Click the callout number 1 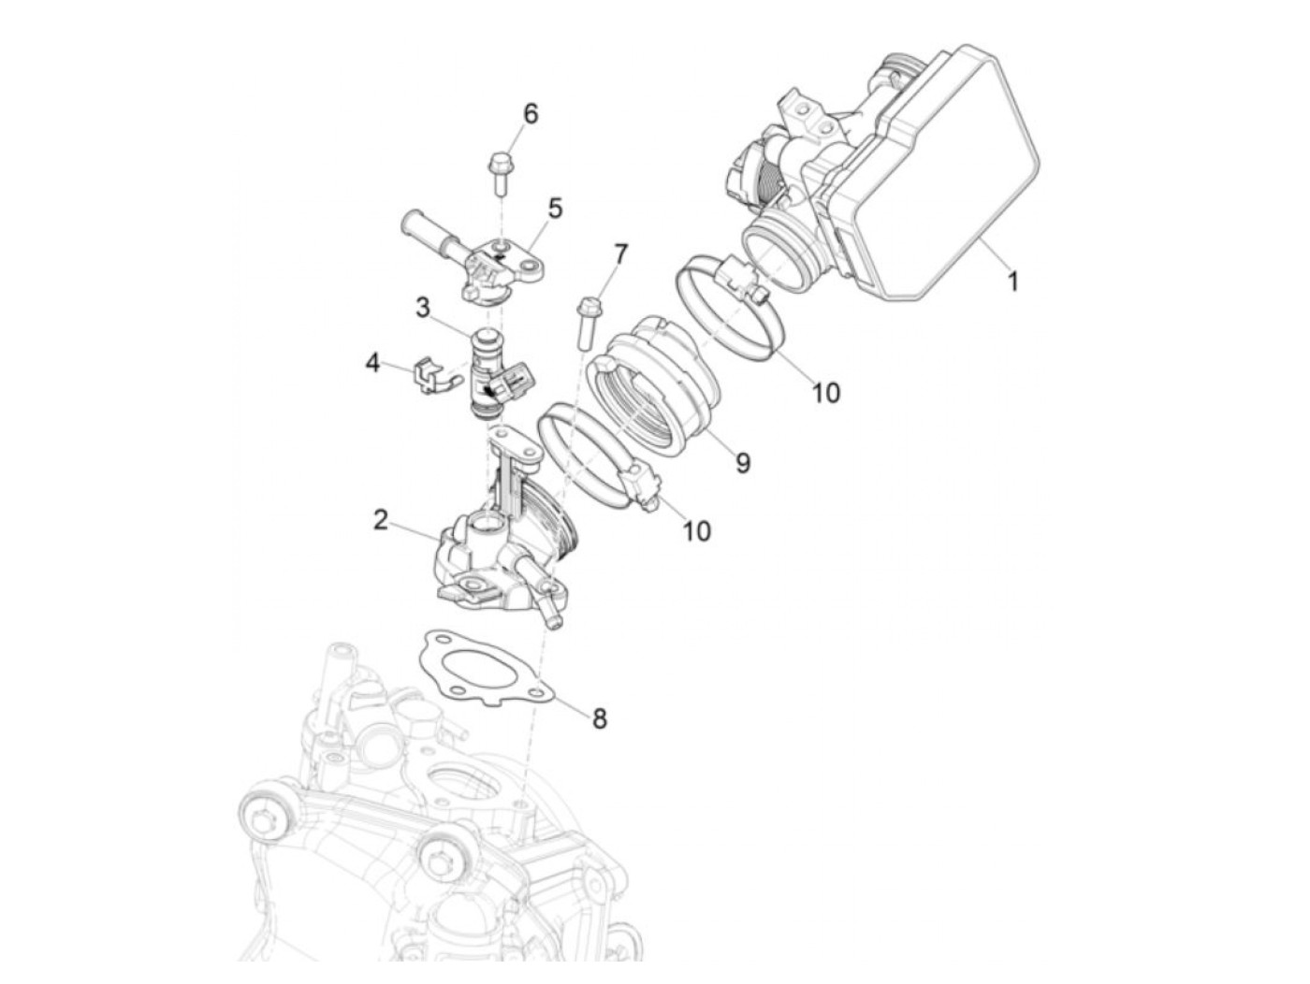(x=1012, y=281)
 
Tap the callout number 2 (x=381, y=520)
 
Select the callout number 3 (x=423, y=309)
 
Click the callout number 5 (x=555, y=209)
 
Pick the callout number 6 (x=531, y=113)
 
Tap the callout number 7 (x=621, y=254)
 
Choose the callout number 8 (x=599, y=718)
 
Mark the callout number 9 (x=742, y=461)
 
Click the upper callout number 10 (x=826, y=393)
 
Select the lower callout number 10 (x=696, y=529)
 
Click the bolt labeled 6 (x=500, y=174)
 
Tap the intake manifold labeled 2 (x=504, y=537)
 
